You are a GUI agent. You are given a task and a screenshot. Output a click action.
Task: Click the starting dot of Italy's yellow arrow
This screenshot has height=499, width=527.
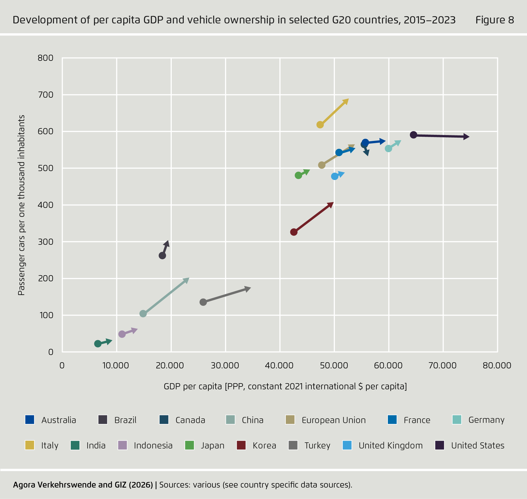[320, 125]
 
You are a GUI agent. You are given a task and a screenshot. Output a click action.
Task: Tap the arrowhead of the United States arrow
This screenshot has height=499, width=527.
[466, 137]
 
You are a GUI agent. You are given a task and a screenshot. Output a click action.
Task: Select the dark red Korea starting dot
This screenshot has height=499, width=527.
[294, 232]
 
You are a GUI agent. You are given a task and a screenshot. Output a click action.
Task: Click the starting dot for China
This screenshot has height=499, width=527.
[143, 314]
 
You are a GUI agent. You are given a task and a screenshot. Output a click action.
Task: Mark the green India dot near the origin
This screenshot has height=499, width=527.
[98, 344]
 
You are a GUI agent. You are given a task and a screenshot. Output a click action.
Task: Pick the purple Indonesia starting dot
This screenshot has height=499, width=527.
[122, 334]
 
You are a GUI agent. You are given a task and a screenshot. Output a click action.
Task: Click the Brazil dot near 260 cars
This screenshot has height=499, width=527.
[162, 256]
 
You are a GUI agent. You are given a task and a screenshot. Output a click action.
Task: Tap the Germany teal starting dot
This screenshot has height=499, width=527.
[388, 148]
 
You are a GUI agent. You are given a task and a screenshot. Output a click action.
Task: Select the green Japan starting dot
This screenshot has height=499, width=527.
[298, 175]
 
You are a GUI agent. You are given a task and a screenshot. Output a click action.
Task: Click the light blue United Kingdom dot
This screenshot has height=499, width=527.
[335, 176]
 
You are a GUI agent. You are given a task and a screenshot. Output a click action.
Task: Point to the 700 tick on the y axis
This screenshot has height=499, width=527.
[45, 95]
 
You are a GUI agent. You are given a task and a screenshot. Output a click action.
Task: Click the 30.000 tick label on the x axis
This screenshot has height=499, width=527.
[225, 365]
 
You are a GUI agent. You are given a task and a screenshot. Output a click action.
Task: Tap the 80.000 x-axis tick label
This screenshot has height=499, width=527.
[497, 365]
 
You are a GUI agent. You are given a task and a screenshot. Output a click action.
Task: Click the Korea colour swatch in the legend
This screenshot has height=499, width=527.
[241, 445]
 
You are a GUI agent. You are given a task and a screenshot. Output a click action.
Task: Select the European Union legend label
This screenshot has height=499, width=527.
[333, 420]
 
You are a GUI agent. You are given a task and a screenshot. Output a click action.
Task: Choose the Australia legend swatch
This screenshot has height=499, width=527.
[30, 420]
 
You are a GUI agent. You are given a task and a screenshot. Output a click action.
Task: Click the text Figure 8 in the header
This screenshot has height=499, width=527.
[494, 20]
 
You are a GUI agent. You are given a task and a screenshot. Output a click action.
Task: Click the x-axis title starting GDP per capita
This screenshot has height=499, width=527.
[285, 386]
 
